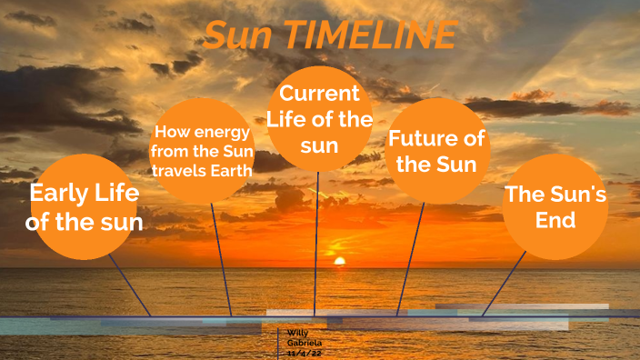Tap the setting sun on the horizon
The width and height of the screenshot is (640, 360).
click(x=340, y=262)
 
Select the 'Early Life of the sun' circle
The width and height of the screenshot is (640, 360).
click(x=85, y=207)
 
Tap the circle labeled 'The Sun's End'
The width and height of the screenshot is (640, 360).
click(x=555, y=207)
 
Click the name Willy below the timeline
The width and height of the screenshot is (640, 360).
click(x=296, y=334)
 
